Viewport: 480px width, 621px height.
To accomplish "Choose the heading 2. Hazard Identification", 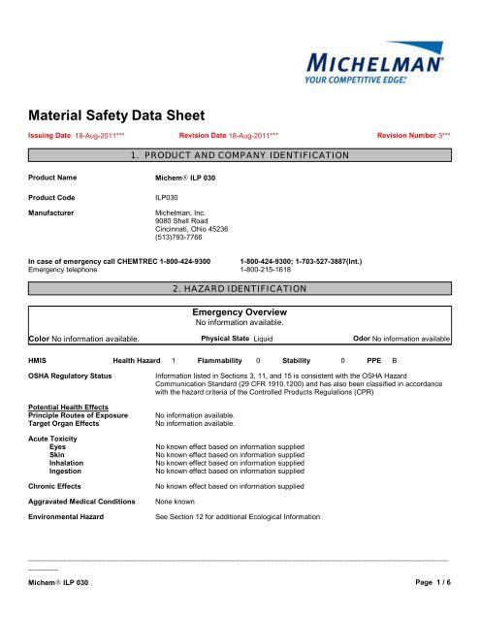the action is (240, 288).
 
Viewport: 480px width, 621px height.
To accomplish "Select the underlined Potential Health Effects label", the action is (68, 408).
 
